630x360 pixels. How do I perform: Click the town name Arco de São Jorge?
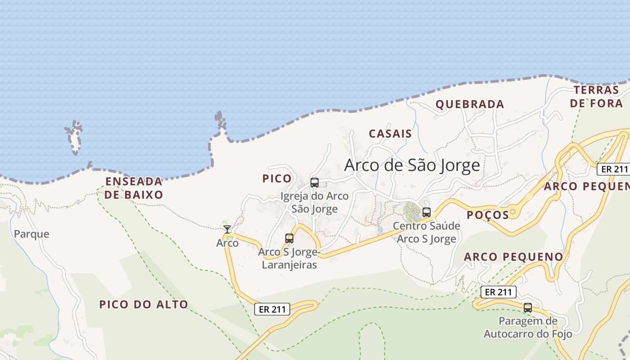412,165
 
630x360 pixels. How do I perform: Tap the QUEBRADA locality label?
469,104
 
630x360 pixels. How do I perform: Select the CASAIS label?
390,134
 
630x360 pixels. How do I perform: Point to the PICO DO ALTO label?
144,304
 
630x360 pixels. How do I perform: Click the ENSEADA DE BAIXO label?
134,188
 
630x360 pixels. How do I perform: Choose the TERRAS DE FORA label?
596,96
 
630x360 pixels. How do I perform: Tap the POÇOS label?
487,215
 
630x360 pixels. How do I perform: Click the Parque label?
31,234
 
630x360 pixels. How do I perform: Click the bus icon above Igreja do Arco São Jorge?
315,183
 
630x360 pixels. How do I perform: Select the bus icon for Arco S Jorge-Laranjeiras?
289,238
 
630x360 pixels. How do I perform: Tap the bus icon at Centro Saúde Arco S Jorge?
427,212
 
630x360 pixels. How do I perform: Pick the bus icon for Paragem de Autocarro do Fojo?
528,308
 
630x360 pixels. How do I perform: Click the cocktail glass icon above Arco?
228,229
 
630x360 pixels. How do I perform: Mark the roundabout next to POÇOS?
513,211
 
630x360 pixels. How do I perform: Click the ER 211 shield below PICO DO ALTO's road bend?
272,309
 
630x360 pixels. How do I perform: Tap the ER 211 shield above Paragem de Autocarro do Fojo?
498,292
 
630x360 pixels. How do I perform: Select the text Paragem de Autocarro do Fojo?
528,328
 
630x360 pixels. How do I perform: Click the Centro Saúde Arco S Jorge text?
427,232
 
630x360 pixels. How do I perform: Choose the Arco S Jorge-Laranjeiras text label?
289,259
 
